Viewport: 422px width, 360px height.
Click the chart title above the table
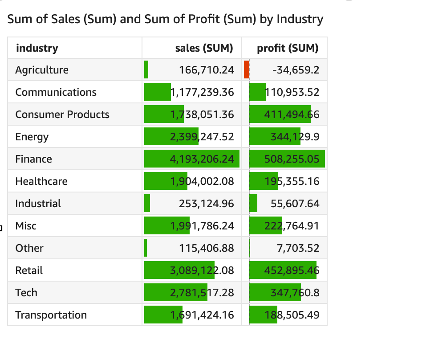pyautogui.click(x=165, y=19)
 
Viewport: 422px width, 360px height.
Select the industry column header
pyautogui.click(x=37, y=48)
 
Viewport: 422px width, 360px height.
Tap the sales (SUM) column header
pyautogui.click(x=204, y=48)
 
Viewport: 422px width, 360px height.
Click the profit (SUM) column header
pyautogui.click(x=288, y=48)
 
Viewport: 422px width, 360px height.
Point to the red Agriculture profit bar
pyautogui.click(x=247, y=70)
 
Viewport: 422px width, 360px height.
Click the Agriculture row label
pyautogui.click(x=42, y=70)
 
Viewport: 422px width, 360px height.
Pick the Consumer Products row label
pyautogui.click(x=62, y=115)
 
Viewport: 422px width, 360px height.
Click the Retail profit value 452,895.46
pyautogui.click(x=292, y=270)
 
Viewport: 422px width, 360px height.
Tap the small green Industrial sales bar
pyautogui.click(x=147, y=204)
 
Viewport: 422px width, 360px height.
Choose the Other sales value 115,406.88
pyautogui.click(x=206, y=248)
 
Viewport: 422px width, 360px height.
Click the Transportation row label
pyautogui.click(x=51, y=315)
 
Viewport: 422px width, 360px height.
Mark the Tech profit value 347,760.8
pyautogui.click(x=295, y=293)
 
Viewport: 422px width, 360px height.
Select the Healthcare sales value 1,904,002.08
pyautogui.click(x=202, y=181)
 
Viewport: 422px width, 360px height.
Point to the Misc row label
pyautogui.click(x=26, y=226)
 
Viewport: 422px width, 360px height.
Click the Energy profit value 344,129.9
pyautogui.click(x=295, y=137)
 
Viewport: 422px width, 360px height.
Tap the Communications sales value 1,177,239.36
pyautogui.click(x=202, y=92)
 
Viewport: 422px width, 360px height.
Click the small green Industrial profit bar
pyautogui.click(x=253, y=204)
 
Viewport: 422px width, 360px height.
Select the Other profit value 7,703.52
pyautogui.click(x=298, y=248)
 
